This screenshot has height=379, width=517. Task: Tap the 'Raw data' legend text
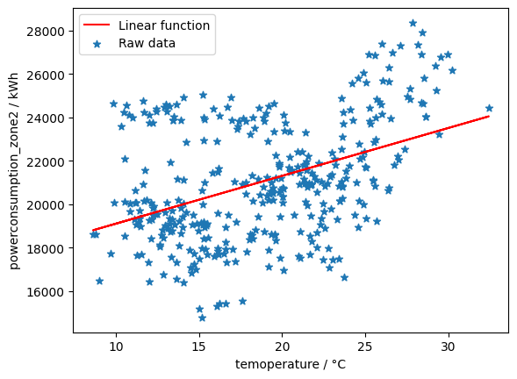coord(147,43)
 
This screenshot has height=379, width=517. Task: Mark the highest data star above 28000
coord(413,24)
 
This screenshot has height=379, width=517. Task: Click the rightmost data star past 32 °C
coord(489,108)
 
